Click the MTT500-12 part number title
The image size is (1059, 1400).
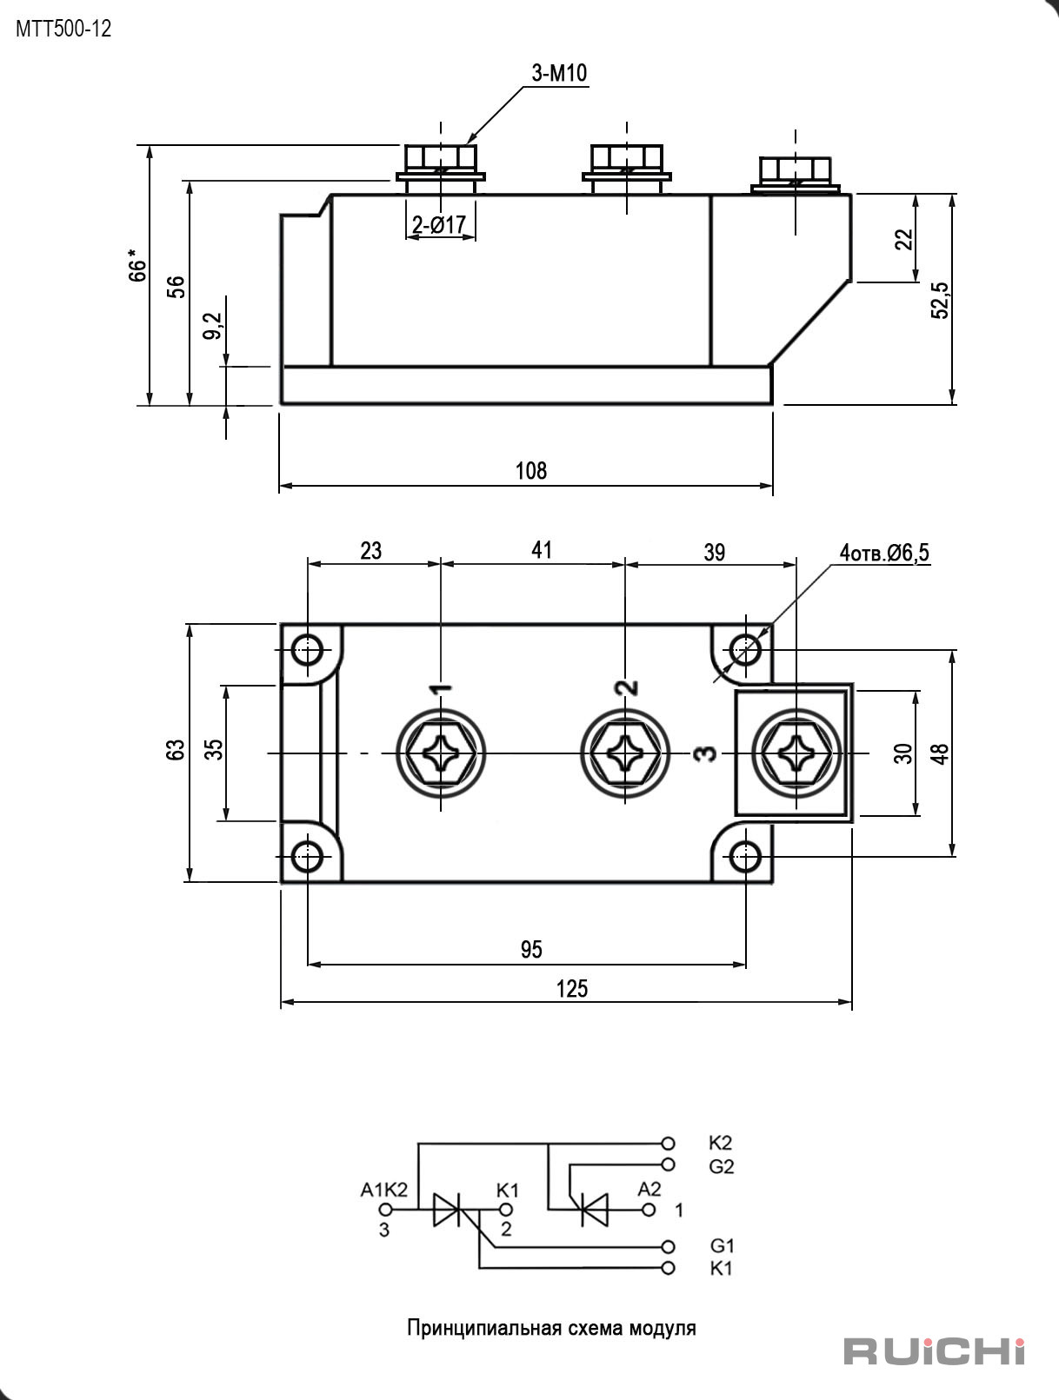[x=63, y=29]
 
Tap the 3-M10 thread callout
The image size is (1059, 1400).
[x=559, y=73]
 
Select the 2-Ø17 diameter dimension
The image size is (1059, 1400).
[x=439, y=224]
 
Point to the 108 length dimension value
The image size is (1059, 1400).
[x=530, y=471]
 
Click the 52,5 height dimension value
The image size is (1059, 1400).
[x=941, y=300]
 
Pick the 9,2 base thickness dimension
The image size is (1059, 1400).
[x=215, y=325]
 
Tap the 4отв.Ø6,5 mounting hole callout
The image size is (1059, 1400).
[x=884, y=553]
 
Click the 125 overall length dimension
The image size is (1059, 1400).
[x=571, y=989]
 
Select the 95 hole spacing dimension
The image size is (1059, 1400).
[x=530, y=950]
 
